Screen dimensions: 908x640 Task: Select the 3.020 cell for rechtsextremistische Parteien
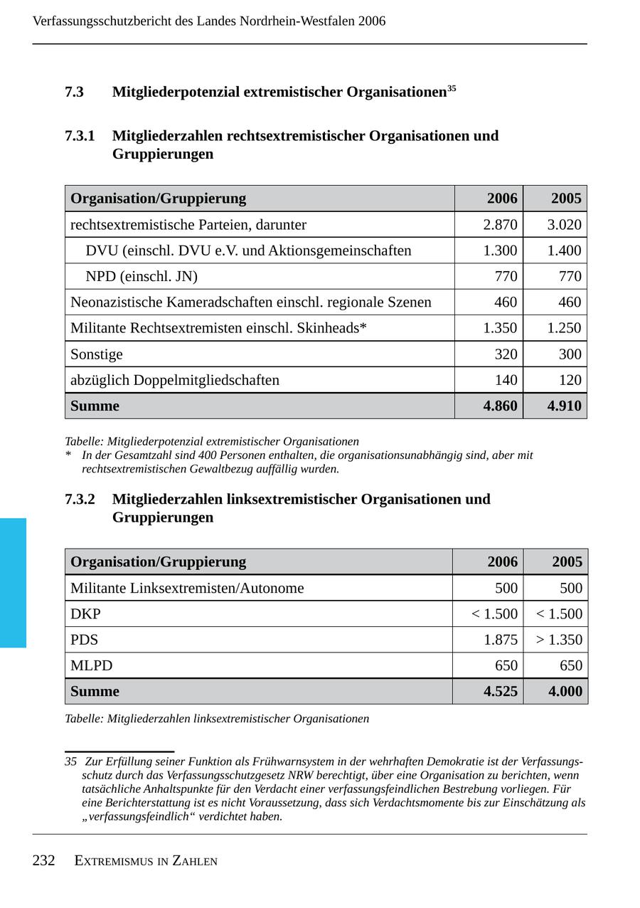pos(564,225)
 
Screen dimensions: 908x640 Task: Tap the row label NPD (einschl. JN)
pos(142,276)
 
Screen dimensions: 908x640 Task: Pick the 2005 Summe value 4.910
pos(564,406)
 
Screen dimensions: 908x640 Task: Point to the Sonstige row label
pos(97,354)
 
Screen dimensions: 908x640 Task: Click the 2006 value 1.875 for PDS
pos(501,640)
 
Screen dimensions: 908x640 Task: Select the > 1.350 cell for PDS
pos(559,640)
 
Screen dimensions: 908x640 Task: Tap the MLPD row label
pos(92,666)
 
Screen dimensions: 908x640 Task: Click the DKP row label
pos(85,614)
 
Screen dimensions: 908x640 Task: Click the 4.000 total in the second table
pos(565,692)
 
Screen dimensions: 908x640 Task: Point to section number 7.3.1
pos(80,136)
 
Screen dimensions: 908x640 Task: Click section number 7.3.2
pos(80,500)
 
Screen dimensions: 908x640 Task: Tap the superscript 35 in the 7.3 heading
pos(452,89)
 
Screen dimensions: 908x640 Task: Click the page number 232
pos(43,861)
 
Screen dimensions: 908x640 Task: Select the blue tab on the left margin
pos(13,583)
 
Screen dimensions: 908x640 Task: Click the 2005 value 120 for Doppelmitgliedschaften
pos(570,380)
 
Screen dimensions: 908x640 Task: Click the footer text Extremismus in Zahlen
pos(146,861)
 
